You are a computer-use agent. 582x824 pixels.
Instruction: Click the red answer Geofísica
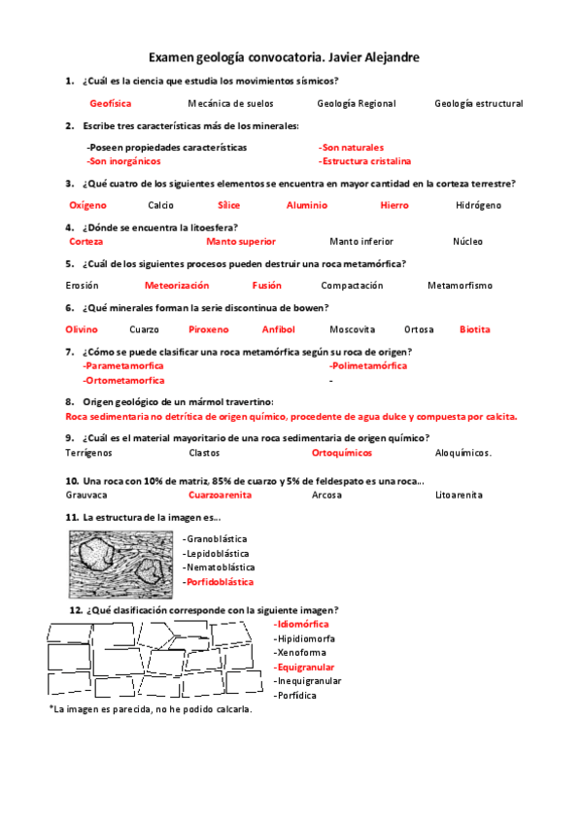pyautogui.click(x=110, y=103)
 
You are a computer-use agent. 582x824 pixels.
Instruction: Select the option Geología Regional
pyautogui.click(x=356, y=103)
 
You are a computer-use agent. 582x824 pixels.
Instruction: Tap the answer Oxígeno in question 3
pyautogui.click(x=87, y=205)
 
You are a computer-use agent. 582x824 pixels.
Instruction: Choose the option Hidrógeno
pyautogui.click(x=478, y=205)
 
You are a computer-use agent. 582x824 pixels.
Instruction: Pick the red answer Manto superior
pyautogui.click(x=241, y=241)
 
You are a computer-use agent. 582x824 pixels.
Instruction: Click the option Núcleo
pyautogui.click(x=467, y=241)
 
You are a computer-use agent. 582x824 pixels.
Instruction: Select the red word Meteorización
pyautogui.click(x=177, y=286)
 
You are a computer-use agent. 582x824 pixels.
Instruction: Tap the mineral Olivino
pyautogui.click(x=82, y=329)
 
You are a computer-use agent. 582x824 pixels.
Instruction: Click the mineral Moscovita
pyautogui.click(x=352, y=329)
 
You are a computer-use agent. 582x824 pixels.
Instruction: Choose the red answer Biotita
pyautogui.click(x=475, y=329)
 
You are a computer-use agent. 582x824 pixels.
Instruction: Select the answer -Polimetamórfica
pyautogui.click(x=368, y=366)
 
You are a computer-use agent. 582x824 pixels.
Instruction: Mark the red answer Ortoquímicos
pyautogui.click(x=342, y=453)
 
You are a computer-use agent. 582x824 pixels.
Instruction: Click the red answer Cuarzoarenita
pyautogui.click(x=221, y=495)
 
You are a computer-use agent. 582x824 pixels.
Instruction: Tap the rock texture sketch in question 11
pyautogui.click(x=121, y=563)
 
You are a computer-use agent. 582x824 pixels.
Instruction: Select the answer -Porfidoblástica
pyautogui.click(x=218, y=581)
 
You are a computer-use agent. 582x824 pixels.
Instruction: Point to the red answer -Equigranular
pyautogui.click(x=304, y=668)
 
